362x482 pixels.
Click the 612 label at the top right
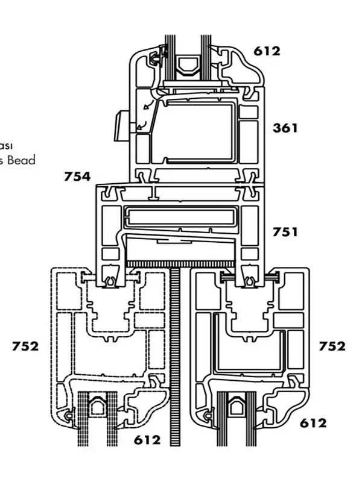[x=267, y=51]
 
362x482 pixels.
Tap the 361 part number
[x=285, y=128]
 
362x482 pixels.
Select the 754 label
[x=77, y=177]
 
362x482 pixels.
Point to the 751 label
[x=285, y=232]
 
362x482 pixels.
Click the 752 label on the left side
[x=25, y=346]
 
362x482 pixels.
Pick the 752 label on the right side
[x=332, y=346]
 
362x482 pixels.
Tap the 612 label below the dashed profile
[x=147, y=440]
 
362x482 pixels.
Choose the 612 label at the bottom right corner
[x=313, y=424]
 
